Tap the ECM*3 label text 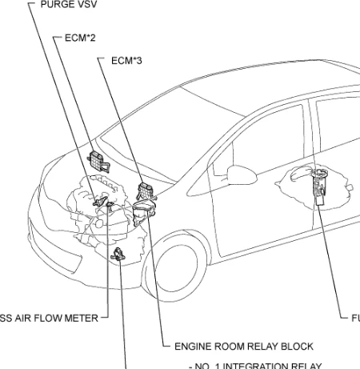(122, 58)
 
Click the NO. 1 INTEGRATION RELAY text (254, 364)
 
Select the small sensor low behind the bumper (118, 255)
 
